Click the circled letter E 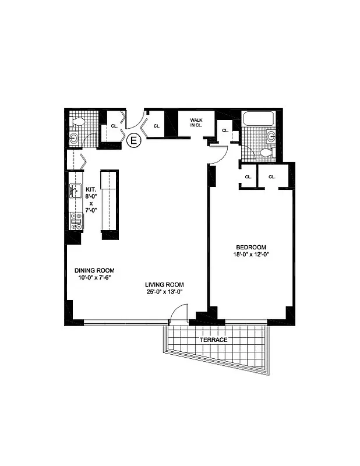(x=133, y=140)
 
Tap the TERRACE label (x=211, y=340)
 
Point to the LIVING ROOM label (x=165, y=285)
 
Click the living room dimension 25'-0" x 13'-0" (x=165, y=292)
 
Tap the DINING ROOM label (x=94, y=270)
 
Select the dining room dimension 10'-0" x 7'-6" (x=94, y=278)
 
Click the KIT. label (x=91, y=189)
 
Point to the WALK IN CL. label (x=195, y=122)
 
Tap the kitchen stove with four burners (x=76, y=220)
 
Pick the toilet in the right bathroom (x=264, y=153)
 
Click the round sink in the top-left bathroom (x=74, y=138)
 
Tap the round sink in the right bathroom (x=271, y=137)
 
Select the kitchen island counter (x=110, y=201)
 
